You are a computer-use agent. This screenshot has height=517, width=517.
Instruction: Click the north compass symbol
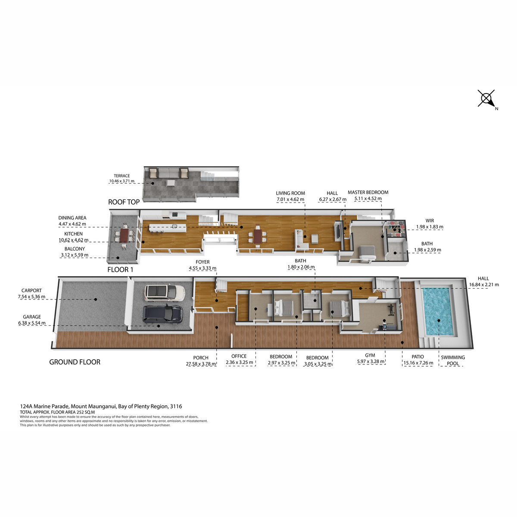point(486,99)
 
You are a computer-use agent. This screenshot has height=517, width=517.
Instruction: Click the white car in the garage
point(165,292)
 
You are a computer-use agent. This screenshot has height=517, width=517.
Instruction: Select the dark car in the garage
point(163,314)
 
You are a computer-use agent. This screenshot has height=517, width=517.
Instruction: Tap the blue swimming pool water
point(437,312)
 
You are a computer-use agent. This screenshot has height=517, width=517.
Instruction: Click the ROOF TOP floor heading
point(124,202)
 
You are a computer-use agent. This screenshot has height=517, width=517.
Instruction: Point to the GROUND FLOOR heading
point(75,362)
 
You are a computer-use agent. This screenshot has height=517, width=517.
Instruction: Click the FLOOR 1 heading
point(120,270)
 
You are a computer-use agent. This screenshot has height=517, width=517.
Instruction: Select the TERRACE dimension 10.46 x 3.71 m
point(122,181)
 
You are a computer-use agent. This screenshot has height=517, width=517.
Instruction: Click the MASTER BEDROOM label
point(368,192)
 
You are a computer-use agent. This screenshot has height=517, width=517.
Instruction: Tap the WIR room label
point(430,221)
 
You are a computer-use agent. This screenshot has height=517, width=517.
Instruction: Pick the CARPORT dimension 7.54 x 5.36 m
point(31,297)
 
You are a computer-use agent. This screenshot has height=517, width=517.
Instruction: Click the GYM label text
point(370,355)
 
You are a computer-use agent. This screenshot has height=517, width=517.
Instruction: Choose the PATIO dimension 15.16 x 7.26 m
point(418,363)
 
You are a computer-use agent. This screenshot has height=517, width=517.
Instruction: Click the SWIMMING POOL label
point(453,361)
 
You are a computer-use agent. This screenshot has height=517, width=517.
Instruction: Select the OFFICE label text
point(239,356)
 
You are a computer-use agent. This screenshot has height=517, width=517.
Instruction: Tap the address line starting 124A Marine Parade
point(101,406)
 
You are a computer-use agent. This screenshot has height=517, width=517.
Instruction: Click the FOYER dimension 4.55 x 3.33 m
point(202,268)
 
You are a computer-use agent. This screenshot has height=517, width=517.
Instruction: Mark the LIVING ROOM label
point(290,193)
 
